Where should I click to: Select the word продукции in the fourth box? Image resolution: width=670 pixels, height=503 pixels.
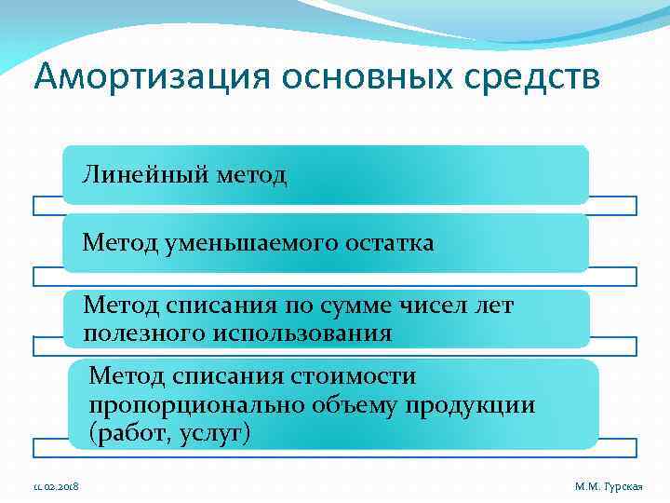tap(481, 405)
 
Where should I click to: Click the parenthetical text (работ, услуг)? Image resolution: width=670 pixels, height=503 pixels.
tap(170, 434)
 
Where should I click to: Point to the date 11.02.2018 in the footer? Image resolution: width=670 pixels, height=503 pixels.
tap(55, 487)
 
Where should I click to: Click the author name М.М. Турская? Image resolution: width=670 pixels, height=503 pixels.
tap(609, 487)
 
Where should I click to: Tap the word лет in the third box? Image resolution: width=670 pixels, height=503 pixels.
tap(494, 305)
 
